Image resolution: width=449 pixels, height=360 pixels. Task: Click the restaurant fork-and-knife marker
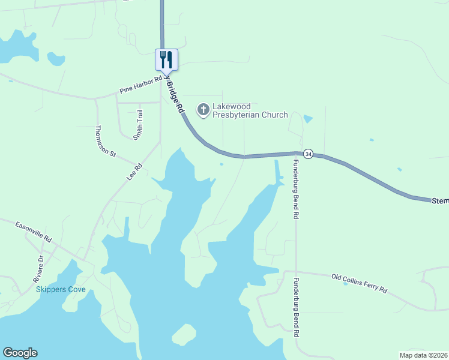click(166, 59)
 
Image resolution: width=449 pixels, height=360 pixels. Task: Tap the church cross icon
click(203, 109)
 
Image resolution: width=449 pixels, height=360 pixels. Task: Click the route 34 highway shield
click(308, 154)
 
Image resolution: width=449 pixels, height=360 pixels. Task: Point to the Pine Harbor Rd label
click(141, 85)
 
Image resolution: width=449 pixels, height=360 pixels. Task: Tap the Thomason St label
click(105, 142)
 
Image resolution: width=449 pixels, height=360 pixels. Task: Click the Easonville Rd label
click(34, 230)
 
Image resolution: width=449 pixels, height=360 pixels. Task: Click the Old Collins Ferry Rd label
click(360, 283)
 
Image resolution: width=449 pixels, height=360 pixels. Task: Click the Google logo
click(20, 353)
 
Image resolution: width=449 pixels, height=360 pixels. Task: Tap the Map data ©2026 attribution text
click(423, 355)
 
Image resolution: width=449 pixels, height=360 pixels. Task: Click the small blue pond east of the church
click(308, 119)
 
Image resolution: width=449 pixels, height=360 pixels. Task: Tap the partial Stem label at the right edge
click(440, 202)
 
